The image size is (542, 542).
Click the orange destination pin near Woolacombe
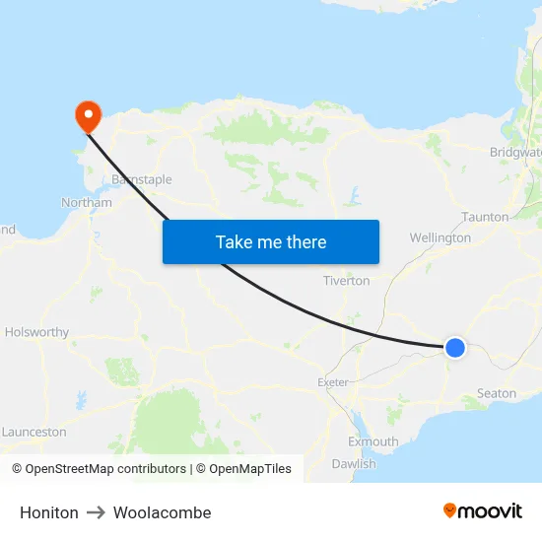[89, 116]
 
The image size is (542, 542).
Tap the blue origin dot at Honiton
[455, 347]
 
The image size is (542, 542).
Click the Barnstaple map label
[142, 180]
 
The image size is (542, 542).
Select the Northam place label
[87, 203]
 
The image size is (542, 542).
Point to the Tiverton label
[347, 281]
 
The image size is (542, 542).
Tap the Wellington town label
[440, 237]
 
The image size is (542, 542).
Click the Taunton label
[486, 217]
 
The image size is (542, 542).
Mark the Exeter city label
[333, 382]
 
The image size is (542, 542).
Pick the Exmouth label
[373, 441]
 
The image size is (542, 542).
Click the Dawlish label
[354, 463]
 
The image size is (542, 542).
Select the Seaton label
[496, 393]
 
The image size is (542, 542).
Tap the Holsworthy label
[36, 333]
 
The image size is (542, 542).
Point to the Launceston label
[34, 432]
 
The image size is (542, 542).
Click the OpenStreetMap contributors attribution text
[99, 469]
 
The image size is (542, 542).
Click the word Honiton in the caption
[49, 512]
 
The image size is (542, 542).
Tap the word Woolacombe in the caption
[162, 512]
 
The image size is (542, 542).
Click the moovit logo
[483, 511]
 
